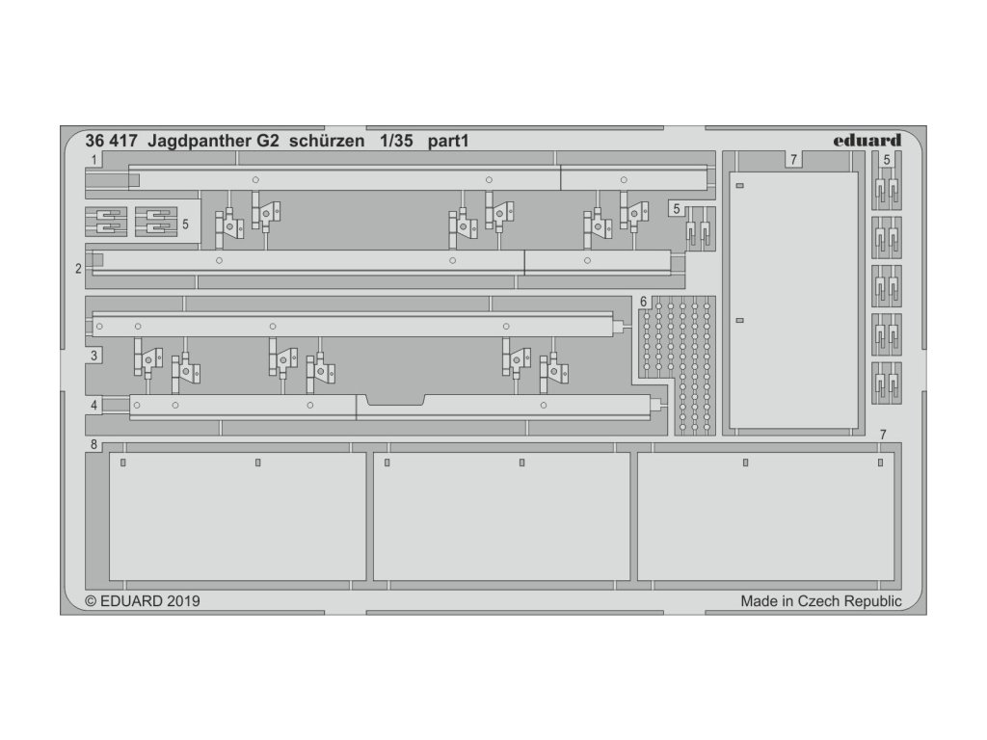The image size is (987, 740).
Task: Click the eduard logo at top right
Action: (867, 141)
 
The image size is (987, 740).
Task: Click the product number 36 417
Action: (111, 141)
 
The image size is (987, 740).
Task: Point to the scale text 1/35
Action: (395, 141)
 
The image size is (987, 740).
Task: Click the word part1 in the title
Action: (448, 141)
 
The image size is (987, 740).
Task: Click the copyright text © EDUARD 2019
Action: (143, 601)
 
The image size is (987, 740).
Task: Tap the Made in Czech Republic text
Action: (820, 601)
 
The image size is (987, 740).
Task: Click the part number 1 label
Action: (93, 159)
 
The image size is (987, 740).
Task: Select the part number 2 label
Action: (78, 269)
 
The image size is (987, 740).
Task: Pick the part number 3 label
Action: (93, 357)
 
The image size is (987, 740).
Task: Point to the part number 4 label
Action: (93, 406)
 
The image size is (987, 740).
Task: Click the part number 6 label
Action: (643, 303)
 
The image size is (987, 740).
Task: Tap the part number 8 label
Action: (93, 444)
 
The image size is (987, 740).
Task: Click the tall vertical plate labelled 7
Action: (793, 299)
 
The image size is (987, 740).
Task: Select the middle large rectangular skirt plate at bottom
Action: (501, 516)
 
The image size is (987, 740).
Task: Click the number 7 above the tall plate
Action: (792, 160)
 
